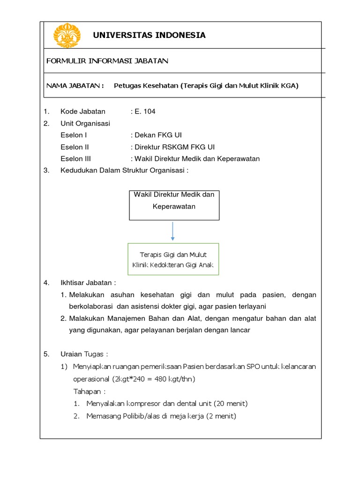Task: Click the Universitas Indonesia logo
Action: pos(67,35)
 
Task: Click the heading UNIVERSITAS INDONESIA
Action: pos(149,35)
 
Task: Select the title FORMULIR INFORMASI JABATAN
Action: pos(107,61)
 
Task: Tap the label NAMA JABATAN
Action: pos(75,86)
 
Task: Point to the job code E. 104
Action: pos(144,112)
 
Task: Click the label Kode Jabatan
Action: pos(83,112)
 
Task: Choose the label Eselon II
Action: pos(75,147)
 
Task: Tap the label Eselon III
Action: pos(76,158)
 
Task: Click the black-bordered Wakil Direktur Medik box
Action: pos(174,205)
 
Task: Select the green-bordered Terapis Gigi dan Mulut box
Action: pos(173,260)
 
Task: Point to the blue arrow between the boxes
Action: pos(173,231)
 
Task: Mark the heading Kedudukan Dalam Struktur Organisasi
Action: pos(124,170)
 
